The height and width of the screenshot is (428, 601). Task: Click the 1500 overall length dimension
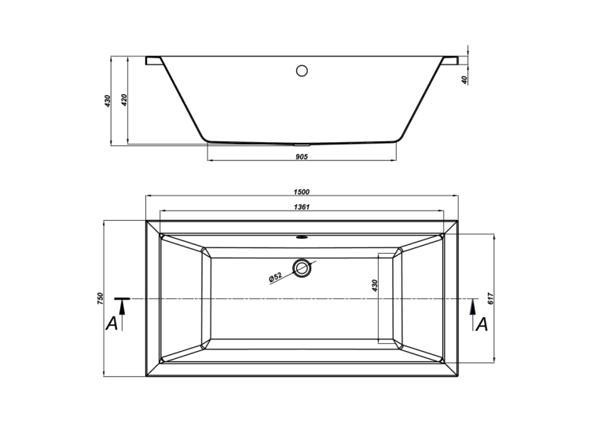(x=302, y=192)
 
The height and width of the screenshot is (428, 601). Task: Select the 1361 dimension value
(x=302, y=207)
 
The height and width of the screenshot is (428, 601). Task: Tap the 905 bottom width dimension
(x=302, y=156)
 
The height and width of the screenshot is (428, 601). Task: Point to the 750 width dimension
(x=101, y=298)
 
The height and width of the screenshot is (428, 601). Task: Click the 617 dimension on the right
(x=490, y=298)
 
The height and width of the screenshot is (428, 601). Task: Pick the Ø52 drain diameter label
(x=275, y=277)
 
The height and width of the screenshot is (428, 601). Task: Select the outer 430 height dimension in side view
(x=108, y=101)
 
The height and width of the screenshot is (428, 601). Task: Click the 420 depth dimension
(x=124, y=100)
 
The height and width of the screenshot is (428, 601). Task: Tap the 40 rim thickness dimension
(x=465, y=79)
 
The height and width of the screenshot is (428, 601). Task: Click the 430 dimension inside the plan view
(x=375, y=285)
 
